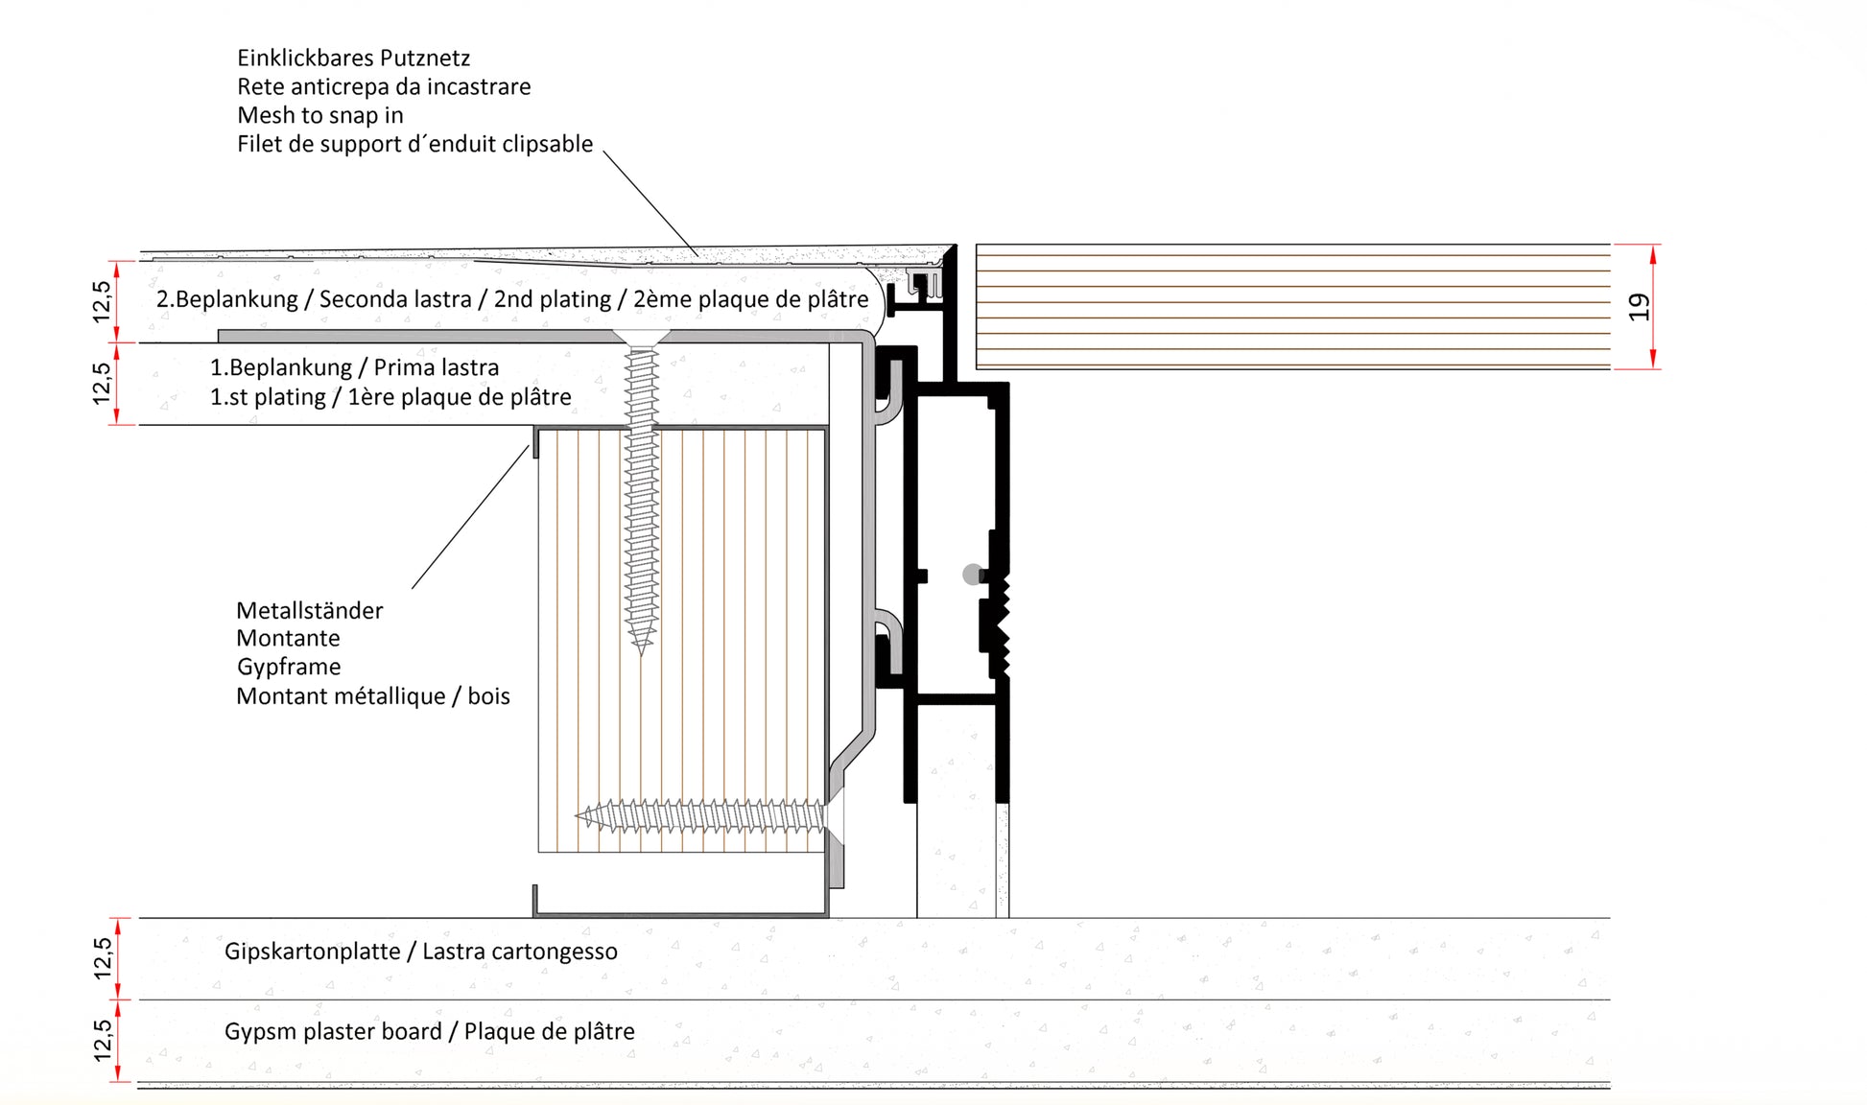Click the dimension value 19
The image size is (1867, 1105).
[x=1639, y=307]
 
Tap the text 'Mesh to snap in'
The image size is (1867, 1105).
[x=320, y=116]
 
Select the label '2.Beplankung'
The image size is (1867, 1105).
[x=227, y=299]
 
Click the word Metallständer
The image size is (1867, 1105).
[x=309, y=610]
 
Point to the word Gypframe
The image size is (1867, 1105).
[x=289, y=668]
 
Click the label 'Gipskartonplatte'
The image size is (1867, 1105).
[x=312, y=952]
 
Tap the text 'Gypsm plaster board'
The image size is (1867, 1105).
[x=333, y=1032]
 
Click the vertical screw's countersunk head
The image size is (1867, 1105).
[x=642, y=337]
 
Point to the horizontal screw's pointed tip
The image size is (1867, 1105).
[x=578, y=816]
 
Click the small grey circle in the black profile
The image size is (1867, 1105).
[x=973, y=575]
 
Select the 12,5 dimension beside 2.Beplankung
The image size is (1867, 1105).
[x=102, y=301]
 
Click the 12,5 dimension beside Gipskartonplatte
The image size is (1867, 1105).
[x=103, y=958]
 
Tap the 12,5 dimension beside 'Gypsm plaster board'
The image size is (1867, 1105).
[x=103, y=1041]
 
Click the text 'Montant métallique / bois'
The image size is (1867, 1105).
[x=373, y=696]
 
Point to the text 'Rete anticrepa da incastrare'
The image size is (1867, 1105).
[x=384, y=87]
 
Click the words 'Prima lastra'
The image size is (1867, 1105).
[x=437, y=367]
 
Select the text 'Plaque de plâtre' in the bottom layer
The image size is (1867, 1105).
[x=550, y=1032]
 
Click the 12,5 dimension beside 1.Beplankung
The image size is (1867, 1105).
[x=102, y=384]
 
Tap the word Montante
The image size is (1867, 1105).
[x=288, y=639]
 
